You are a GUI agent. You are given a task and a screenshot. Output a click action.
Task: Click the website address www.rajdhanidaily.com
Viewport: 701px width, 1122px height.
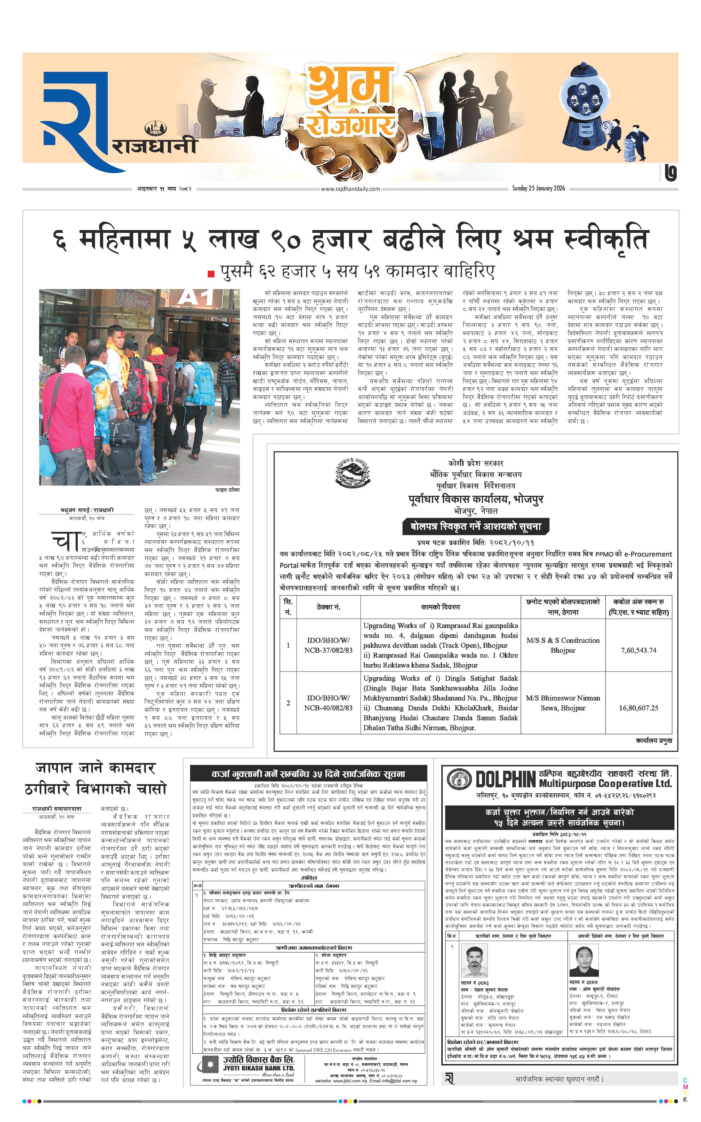(350, 189)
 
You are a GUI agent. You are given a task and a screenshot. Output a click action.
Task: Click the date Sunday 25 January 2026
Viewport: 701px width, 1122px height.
(538, 188)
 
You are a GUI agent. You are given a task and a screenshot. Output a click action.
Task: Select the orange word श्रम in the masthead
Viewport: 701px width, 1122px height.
(350, 86)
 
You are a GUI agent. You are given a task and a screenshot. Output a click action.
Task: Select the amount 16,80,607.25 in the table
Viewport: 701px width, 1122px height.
(638, 707)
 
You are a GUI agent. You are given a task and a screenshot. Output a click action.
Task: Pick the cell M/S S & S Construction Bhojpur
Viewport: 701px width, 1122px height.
(563, 645)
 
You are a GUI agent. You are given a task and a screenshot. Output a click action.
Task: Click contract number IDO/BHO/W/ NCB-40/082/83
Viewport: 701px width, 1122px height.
(328, 703)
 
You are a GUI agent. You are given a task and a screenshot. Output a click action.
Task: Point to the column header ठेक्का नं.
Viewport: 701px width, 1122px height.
(328, 607)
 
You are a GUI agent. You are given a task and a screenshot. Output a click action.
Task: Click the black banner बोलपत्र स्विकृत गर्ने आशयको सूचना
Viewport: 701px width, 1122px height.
(476, 527)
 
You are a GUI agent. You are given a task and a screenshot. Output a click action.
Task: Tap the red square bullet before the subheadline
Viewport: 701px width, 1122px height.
(211, 274)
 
